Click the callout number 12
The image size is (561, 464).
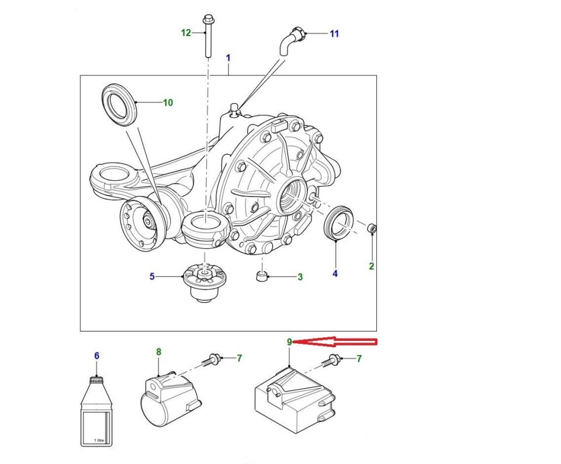click(186, 33)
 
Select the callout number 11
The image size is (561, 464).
click(334, 34)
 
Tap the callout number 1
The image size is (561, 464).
click(228, 58)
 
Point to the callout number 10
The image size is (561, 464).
click(168, 103)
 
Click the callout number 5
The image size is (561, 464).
click(152, 277)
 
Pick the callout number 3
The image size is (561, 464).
click(300, 277)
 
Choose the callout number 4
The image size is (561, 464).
click(335, 273)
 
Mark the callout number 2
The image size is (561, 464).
click(371, 267)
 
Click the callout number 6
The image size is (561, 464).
click(97, 355)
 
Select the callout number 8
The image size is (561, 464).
click(158, 352)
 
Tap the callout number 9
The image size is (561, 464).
click(289, 342)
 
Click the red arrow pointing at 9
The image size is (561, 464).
click(339, 341)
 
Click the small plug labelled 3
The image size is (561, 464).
click(263, 275)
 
